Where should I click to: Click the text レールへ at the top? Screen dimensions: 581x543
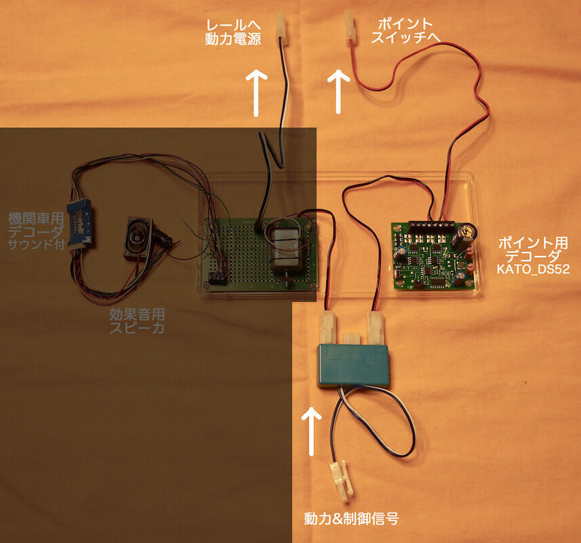[x=232, y=26]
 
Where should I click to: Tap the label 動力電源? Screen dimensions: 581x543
[x=233, y=39]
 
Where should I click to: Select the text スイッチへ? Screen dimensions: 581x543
[x=405, y=38]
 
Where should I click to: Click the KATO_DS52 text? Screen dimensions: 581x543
[x=534, y=269]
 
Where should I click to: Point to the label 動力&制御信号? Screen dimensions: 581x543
[x=350, y=520]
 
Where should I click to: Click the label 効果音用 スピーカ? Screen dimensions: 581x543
[x=137, y=322]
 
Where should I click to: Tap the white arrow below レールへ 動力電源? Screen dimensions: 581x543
[x=256, y=92]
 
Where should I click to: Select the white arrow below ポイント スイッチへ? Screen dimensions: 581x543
[x=337, y=92]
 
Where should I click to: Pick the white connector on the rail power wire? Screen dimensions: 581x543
[x=281, y=29]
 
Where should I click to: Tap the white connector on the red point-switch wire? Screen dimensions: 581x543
[x=349, y=27]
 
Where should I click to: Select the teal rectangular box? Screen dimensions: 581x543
[x=355, y=365]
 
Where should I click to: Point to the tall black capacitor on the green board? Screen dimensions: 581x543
[x=464, y=238]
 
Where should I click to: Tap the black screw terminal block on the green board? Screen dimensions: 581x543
[x=431, y=225]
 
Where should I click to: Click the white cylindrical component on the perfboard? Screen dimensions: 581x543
[x=285, y=250]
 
